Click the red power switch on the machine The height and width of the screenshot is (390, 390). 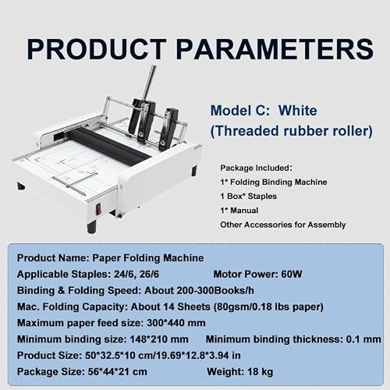[x=98, y=209]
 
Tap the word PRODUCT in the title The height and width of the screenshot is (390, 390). [x=97, y=49]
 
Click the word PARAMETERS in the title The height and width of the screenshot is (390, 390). [x=275, y=49]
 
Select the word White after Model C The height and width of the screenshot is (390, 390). [x=298, y=111]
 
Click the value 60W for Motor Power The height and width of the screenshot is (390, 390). [x=292, y=274]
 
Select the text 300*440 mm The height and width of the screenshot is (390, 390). [x=176, y=323]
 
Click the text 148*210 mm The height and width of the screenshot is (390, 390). [x=159, y=339]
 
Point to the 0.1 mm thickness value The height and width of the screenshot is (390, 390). [x=363, y=339]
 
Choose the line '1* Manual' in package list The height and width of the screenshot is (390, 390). [x=239, y=211]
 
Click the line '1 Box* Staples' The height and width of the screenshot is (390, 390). [x=248, y=196]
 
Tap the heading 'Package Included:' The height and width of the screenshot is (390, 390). [x=256, y=168]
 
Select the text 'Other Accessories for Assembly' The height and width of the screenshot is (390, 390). [x=283, y=225]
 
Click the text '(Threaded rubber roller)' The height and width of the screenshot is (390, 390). [x=292, y=131]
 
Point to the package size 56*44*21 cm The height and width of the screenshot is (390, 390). [x=117, y=372]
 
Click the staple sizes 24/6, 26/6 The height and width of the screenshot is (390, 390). [x=136, y=275]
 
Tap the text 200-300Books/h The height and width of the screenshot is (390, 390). [x=215, y=290]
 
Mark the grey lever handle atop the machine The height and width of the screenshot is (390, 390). [x=149, y=83]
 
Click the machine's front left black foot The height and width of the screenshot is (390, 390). [x=92, y=228]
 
